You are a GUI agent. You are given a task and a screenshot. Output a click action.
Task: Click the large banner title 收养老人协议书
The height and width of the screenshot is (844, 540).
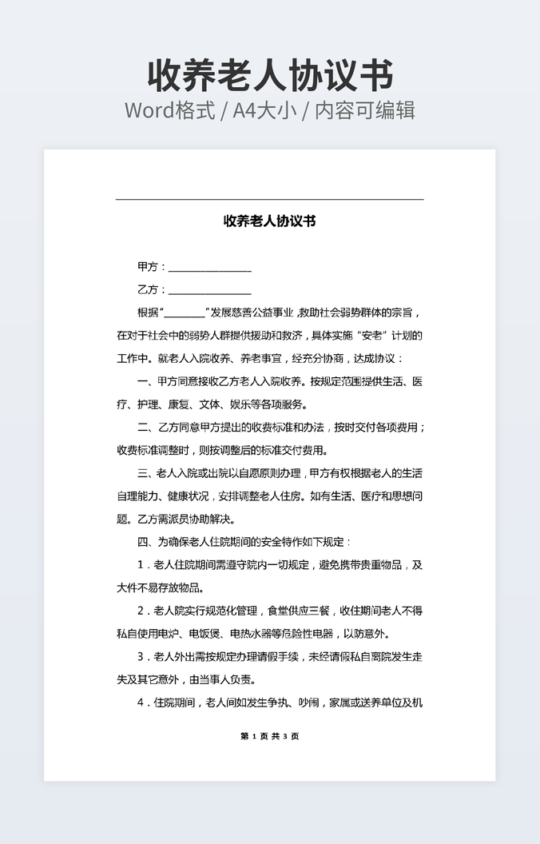click(270, 75)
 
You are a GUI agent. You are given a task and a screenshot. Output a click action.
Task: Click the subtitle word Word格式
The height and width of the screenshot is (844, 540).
click(169, 110)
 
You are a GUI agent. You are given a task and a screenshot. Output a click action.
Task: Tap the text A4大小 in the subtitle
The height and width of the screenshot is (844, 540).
click(262, 110)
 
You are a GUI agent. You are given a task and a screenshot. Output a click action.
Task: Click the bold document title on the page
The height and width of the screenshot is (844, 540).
click(270, 221)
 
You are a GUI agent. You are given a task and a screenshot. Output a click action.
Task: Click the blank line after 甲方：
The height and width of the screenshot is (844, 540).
click(209, 268)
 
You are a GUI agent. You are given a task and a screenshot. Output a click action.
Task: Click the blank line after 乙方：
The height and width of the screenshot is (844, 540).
click(209, 290)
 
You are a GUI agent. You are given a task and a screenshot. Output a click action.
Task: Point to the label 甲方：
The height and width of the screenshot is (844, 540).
click(152, 267)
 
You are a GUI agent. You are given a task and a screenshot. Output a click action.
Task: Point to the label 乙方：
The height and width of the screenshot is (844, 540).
click(152, 289)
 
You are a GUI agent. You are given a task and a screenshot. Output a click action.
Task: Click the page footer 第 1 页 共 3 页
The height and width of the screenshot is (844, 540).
click(269, 736)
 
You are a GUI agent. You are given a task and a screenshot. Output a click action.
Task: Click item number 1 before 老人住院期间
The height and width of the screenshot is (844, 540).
click(141, 565)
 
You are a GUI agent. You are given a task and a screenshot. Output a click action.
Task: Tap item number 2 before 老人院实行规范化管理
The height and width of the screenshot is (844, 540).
click(141, 611)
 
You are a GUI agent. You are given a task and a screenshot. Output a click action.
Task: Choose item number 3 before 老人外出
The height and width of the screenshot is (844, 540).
click(141, 657)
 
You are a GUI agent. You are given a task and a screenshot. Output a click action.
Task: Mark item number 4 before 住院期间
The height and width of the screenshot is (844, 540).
click(141, 703)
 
